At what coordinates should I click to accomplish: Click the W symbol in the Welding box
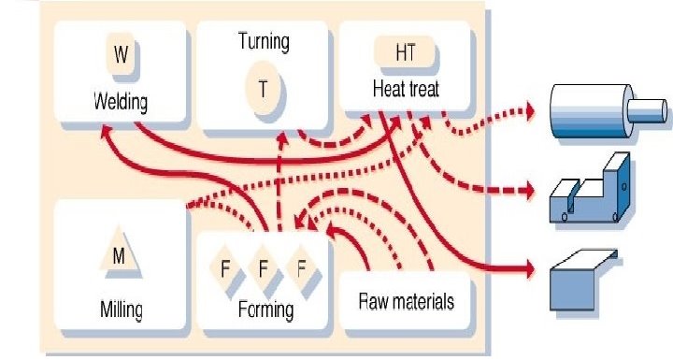122,55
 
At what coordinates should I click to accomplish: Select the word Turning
264,41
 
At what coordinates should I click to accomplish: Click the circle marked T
264,88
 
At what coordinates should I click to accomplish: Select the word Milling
122,308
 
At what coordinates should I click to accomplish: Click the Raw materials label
407,301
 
